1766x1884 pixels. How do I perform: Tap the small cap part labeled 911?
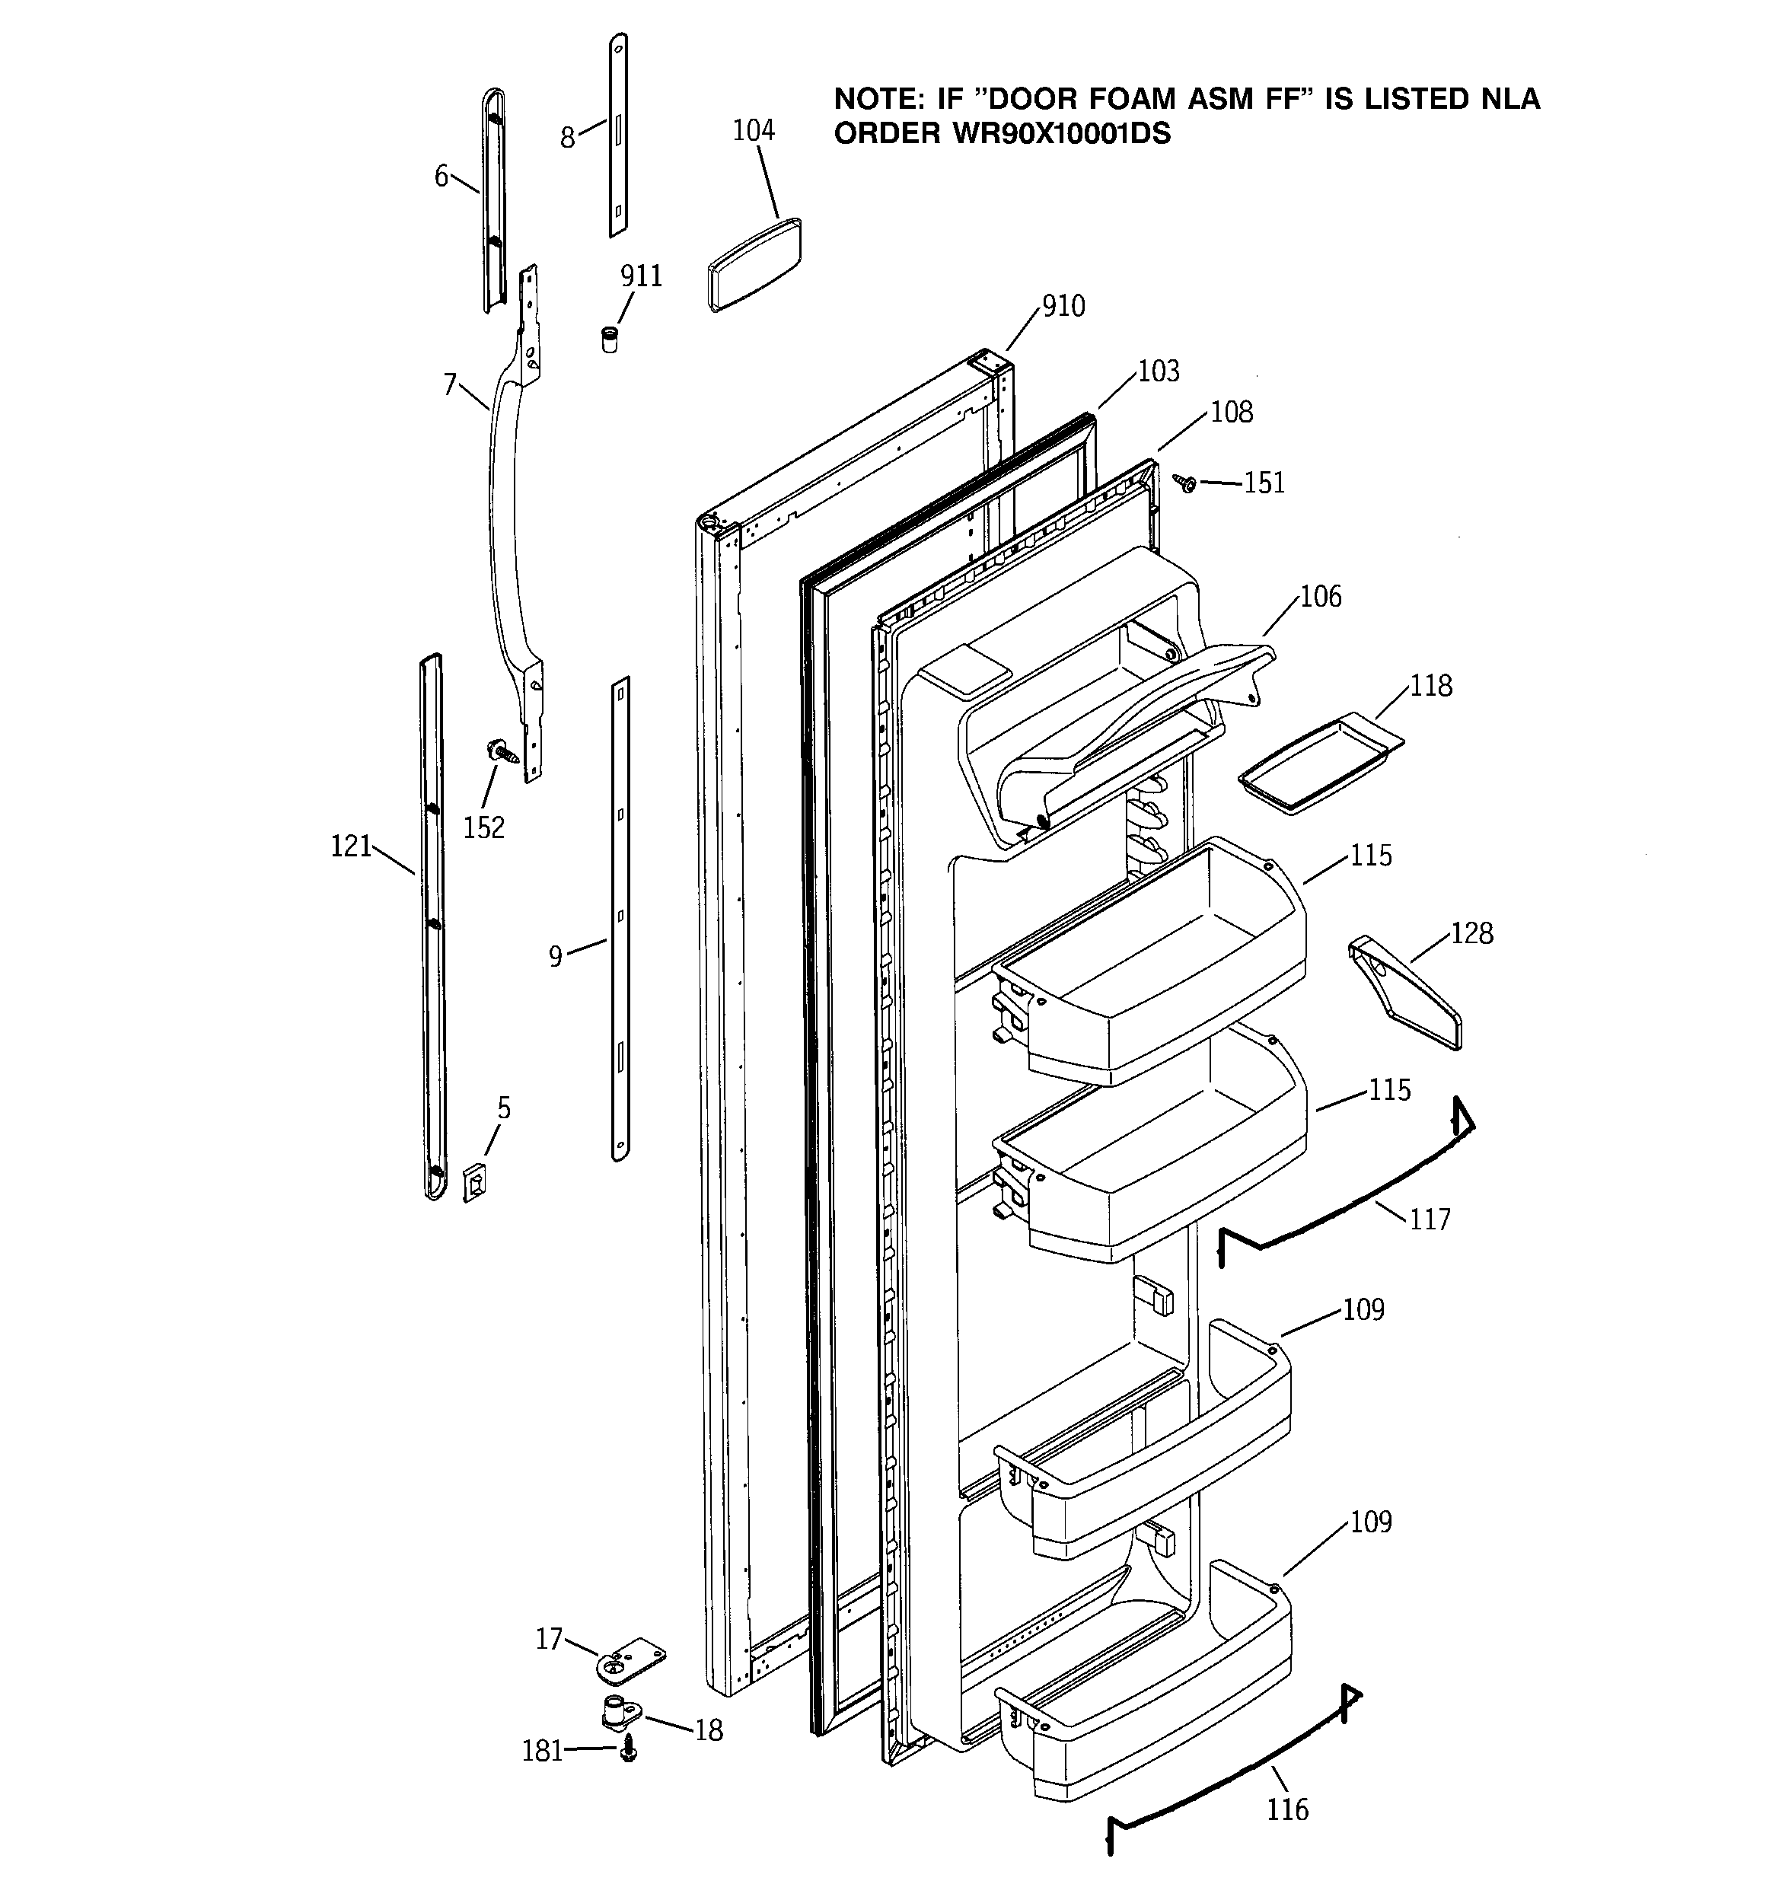(610, 338)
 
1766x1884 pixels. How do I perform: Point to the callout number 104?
(754, 131)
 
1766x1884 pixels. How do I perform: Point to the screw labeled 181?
(626, 1752)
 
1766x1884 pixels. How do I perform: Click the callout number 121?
(351, 846)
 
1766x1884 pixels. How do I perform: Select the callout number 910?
(1063, 306)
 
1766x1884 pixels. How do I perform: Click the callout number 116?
(1287, 1810)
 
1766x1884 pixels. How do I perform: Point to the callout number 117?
(1430, 1219)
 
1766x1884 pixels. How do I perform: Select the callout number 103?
(1159, 371)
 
